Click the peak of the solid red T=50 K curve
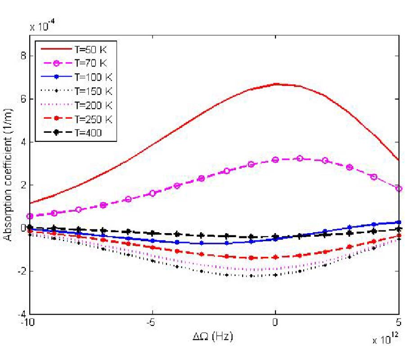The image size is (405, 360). coord(276,84)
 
